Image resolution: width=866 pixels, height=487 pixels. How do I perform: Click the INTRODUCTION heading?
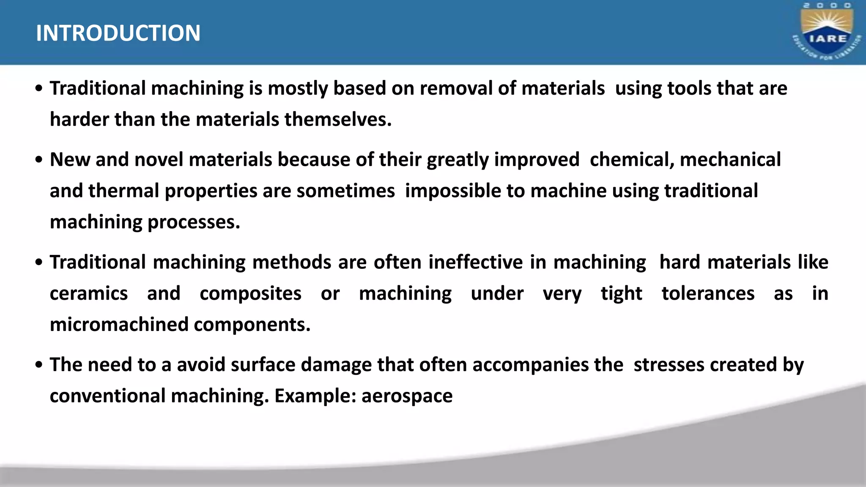tap(118, 33)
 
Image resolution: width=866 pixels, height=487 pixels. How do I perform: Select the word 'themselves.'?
tap(338, 119)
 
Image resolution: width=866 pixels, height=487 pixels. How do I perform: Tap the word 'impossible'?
tap(453, 191)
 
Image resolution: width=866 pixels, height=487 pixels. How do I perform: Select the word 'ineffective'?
tap(475, 262)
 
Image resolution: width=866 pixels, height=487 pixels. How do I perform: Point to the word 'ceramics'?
tap(89, 293)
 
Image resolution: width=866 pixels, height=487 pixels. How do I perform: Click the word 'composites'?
tap(250, 293)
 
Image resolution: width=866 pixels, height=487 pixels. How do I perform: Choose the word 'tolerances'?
tap(708, 293)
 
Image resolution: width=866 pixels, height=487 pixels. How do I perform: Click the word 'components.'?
tap(252, 325)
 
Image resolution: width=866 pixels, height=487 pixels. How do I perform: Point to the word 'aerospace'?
tap(407, 396)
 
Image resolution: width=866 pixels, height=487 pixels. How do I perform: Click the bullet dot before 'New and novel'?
tap(39, 160)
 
